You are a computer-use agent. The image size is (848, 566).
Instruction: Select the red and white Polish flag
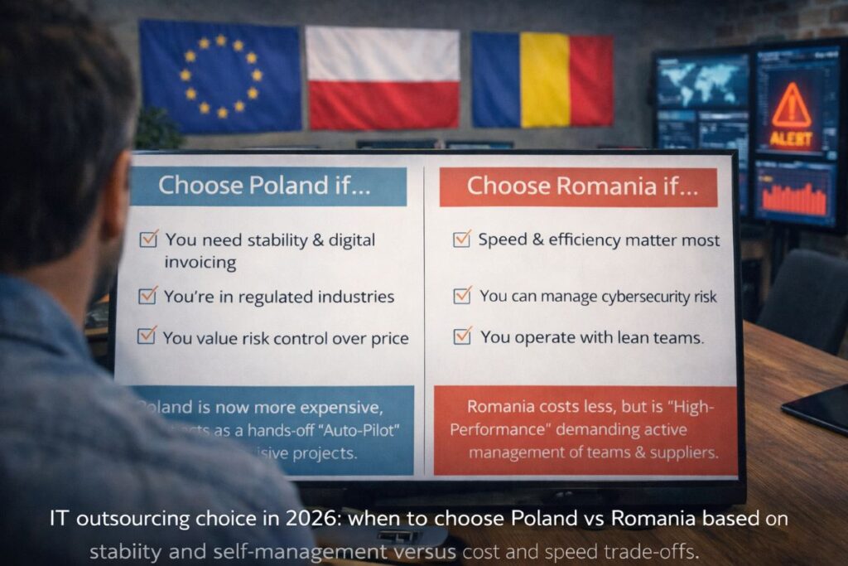pyautogui.click(x=382, y=77)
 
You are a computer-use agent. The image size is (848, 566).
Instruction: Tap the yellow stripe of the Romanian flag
pyautogui.click(x=544, y=80)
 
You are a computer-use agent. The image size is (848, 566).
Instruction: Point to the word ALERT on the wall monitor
pyautogui.click(x=791, y=138)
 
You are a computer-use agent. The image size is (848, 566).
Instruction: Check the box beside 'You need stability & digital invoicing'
pyautogui.click(x=148, y=239)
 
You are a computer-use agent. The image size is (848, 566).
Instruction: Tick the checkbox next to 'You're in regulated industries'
pyautogui.click(x=147, y=295)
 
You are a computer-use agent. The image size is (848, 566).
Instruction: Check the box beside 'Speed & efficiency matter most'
pyautogui.click(x=461, y=239)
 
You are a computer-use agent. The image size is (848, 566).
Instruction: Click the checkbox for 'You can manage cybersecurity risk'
pyautogui.click(x=462, y=295)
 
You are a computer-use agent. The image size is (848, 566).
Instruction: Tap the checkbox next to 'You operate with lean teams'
pyautogui.click(x=462, y=336)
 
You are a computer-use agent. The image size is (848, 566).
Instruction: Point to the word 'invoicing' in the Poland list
pyautogui.click(x=200, y=263)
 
